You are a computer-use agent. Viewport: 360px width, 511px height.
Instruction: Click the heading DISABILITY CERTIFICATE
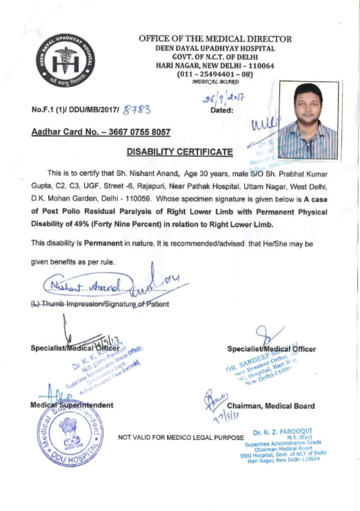click(x=179, y=150)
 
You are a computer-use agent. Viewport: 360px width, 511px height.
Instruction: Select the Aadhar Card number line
click(x=101, y=131)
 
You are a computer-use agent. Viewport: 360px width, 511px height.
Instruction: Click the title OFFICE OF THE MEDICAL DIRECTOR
click(x=215, y=39)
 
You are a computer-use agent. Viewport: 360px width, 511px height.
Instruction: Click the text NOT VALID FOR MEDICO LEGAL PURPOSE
click(x=181, y=437)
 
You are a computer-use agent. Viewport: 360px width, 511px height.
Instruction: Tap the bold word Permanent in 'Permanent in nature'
click(x=105, y=244)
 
